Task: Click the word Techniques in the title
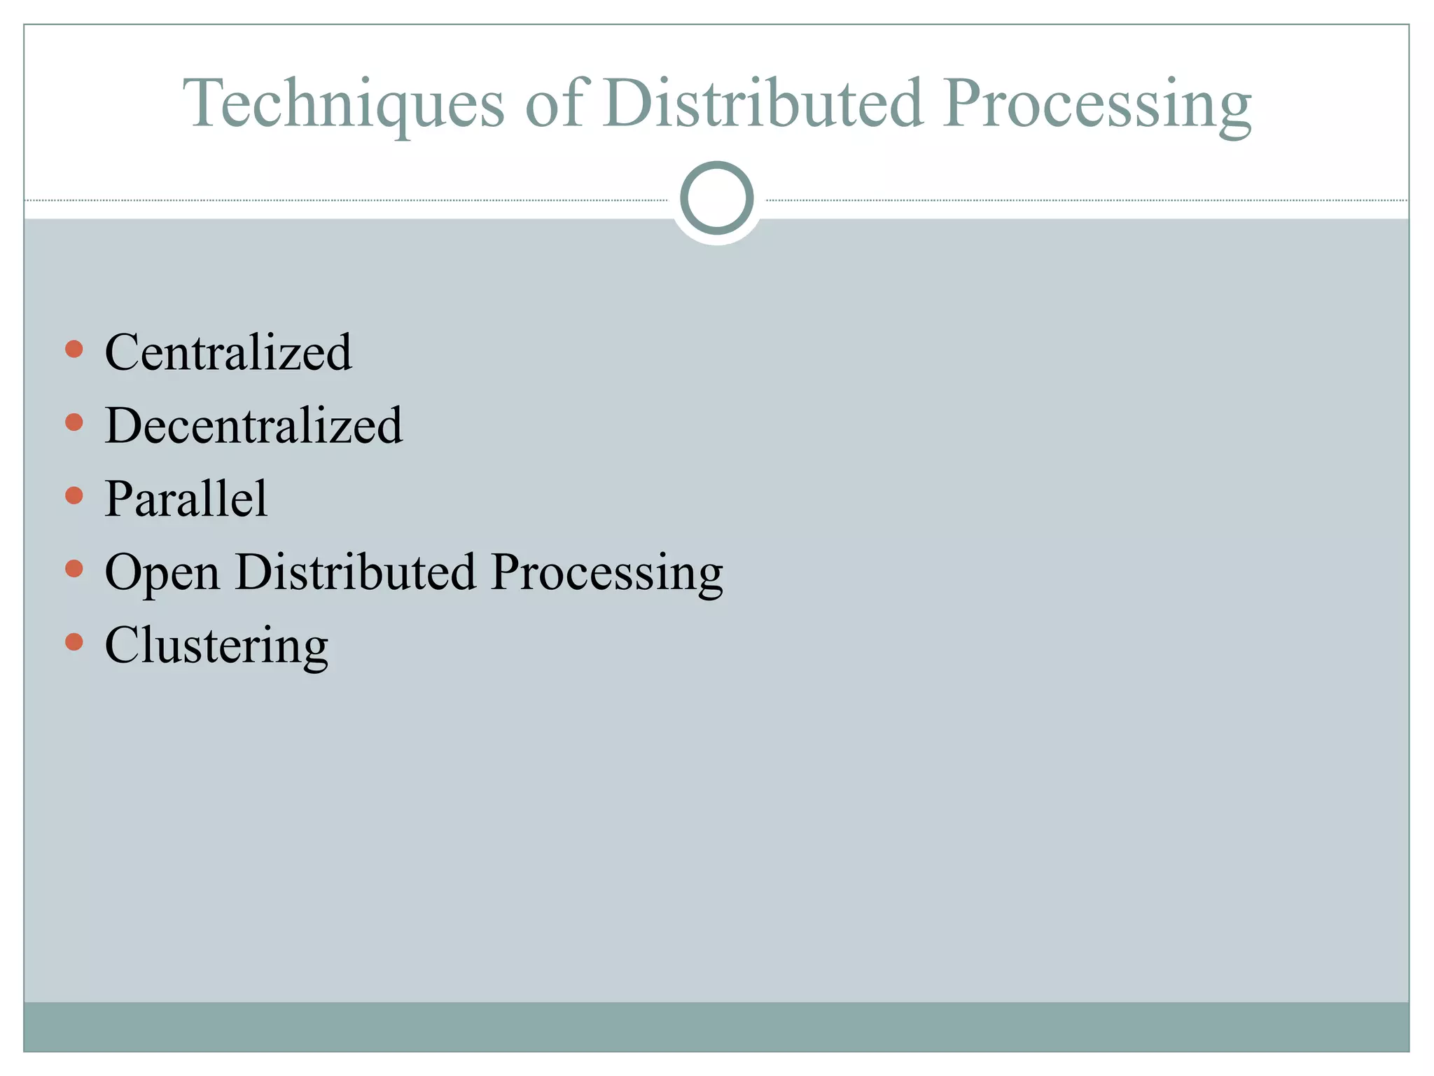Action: click(343, 104)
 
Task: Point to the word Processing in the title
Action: click(1097, 105)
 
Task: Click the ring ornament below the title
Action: click(716, 198)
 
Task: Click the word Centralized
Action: click(228, 352)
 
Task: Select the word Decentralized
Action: click(253, 425)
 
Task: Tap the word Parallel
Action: click(186, 499)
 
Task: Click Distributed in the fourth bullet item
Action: click(356, 572)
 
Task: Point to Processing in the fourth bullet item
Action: click(606, 574)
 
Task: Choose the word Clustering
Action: click(216, 646)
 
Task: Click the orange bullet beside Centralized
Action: click(74, 349)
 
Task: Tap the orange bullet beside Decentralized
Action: click(74, 422)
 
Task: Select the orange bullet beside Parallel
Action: click(74, 496)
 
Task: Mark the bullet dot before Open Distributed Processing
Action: click(74, 568)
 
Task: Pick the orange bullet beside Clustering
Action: click(74, 642)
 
